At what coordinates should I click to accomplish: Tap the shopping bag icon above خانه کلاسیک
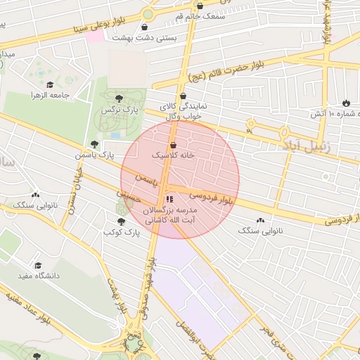click(173, 144)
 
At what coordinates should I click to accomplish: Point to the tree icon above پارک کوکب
click(120, 221)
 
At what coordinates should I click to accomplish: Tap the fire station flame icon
click(345, 103)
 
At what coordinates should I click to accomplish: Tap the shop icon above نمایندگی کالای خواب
click(184, 96)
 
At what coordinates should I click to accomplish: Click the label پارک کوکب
click(119, 231)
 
